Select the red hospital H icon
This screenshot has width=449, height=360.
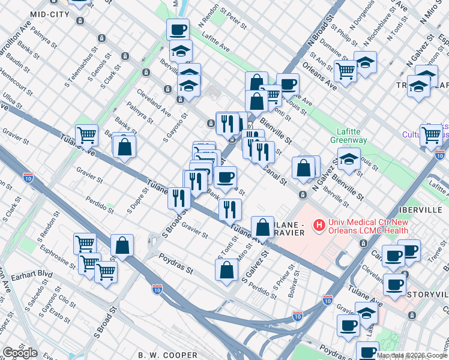tap(319, 226)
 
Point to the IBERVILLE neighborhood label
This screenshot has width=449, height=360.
tap(422, 211)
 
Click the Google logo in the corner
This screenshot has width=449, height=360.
tap(20, 353)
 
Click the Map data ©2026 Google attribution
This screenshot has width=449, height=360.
tap(412, 355)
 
